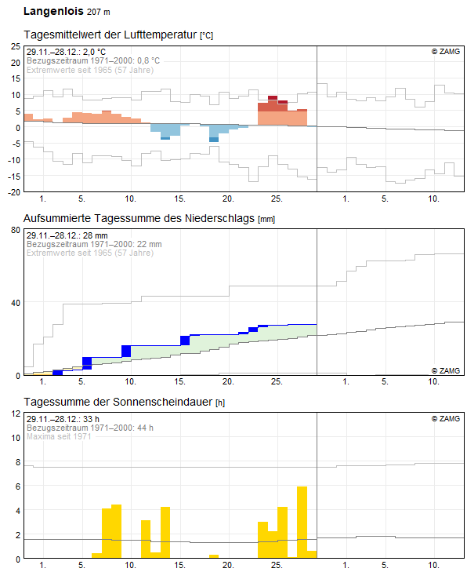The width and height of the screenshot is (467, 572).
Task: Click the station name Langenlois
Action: coord(53,11)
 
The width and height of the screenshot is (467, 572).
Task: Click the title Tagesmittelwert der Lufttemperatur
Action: coord(110,35)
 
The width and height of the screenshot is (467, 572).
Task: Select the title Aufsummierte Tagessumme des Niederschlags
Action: coord(139,218)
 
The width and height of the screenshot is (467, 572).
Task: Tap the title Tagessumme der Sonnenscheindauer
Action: coord(118,402)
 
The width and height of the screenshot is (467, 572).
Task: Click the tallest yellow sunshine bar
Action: coord(302,522)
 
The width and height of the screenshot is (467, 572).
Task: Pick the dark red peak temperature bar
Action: coord(273,98)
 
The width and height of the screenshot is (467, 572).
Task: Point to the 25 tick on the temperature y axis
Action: coord(16,46)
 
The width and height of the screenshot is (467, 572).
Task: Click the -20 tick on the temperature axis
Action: coord(15,192)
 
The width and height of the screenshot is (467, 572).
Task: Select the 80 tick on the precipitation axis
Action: coord(16,230)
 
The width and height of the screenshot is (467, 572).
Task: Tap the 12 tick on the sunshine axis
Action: coord(16,414)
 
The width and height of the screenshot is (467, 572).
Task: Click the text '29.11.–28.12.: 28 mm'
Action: coord(67,235)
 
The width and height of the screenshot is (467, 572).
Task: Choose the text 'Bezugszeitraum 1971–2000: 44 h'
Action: coord(90,428)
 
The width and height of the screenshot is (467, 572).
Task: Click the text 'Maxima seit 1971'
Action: coord(59,436)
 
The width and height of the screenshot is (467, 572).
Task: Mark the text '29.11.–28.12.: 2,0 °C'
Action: coord(66,52)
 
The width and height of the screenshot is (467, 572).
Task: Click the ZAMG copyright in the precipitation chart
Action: coord(446,370)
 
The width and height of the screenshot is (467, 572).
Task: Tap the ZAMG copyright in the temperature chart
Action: coord(446,52)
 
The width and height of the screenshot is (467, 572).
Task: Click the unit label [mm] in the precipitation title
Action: coord(266,219)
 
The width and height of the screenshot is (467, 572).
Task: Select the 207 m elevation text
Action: coord(99,12)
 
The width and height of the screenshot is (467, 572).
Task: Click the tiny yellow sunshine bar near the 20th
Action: coord(214,556)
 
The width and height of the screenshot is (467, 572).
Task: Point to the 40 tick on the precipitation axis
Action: coord(16,303)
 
